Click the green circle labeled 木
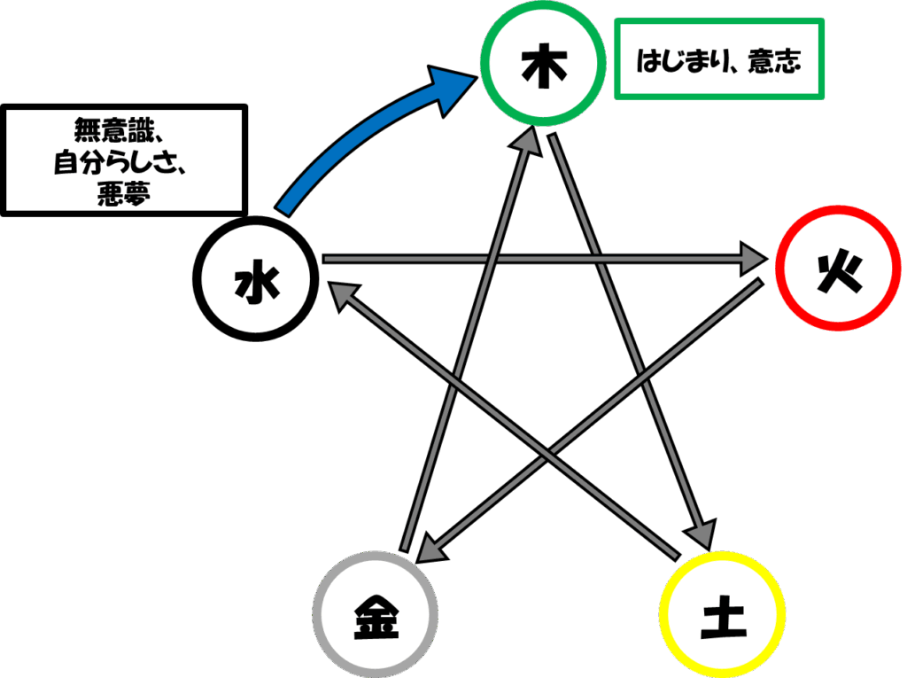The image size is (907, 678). [x=482, y=63]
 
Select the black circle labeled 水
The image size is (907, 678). [x=195, y=278]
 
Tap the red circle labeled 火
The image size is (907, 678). [x=778, y=268]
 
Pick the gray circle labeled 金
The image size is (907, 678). [x=315, y=613]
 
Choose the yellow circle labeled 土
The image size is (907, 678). [x=662, y=613]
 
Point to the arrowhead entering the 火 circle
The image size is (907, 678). [x=755, y=259]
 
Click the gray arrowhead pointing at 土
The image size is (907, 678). [x=702, y=533]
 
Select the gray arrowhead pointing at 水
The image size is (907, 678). [x=344, y=295]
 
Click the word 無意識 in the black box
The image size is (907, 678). [x=114, y=129]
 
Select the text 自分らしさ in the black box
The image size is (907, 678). [x=114, y=162]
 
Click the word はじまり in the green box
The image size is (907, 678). [x=677, y=61]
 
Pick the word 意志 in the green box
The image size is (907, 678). [x=774, y=61]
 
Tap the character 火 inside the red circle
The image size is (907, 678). [x=840, y=273]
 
